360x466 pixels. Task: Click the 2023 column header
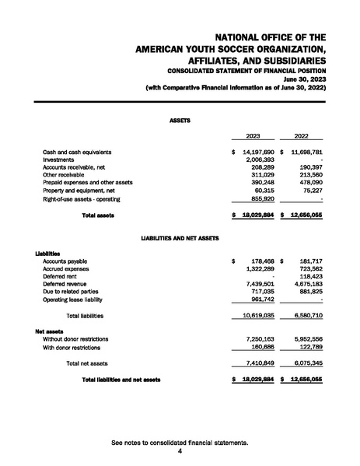pos(253,135)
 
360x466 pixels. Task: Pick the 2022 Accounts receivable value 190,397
pos(308,167)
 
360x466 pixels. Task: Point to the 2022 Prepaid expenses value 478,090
pos(308,183)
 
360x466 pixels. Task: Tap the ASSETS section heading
pos(180,121)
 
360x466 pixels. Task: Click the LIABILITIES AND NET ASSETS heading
pos(180,236)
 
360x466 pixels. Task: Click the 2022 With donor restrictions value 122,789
pos(308,347)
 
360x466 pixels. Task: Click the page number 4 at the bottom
pos(180,450)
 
